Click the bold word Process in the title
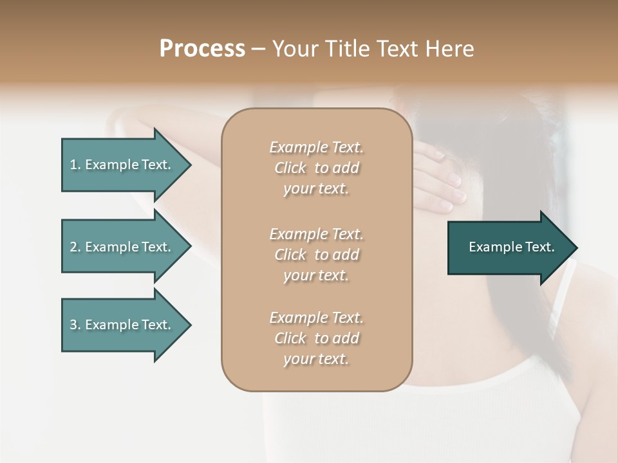click(x=202, y=49)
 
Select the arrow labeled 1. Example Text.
click(x=122, y=165)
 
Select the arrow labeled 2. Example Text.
click(x=122, y=247)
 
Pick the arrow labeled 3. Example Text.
click(x=122, y=325)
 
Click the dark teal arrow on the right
click(x=509, y=247)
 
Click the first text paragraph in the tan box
click(x=316, y=168)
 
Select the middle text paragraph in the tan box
click(x=316, y=255)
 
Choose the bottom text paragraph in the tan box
click(x=316, y=338)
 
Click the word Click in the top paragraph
click(x=290, y=168)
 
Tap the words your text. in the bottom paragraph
click(x=316, y=359)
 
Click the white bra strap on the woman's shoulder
click(x=561, y=302)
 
